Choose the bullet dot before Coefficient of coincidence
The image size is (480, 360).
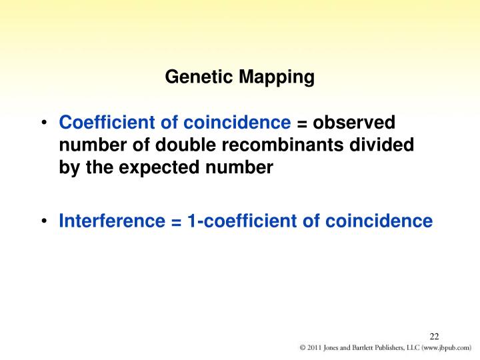coord(43,123)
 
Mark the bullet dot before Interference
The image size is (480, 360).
coord(43,221)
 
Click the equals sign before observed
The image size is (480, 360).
coord(301,123)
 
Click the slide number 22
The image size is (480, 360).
coord(435,335)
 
